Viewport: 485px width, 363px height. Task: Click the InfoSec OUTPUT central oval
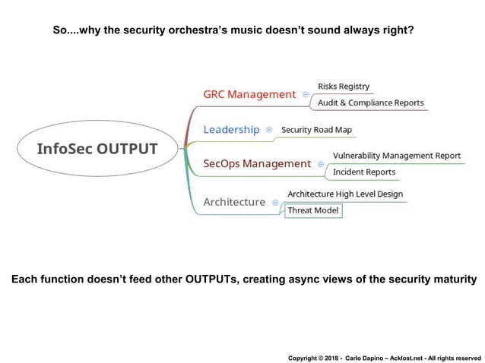click(x=97, y=149)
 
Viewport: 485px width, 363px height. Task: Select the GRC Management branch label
click(x=249, y=94)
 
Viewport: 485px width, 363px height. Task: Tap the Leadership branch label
click(x=231, y=130)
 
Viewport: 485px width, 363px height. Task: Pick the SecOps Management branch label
click(x=257, y=163)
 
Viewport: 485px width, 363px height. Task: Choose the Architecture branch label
click(x=234, y=202)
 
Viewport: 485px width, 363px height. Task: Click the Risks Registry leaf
click(x=344, y=87)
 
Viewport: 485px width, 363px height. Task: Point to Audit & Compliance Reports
click(x=371, y=103)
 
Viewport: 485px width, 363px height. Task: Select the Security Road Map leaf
click(x=316, y=130)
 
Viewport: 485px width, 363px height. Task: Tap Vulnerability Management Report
click(x=397, y=156)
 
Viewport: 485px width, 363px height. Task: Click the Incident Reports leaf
click(x=364, y=172)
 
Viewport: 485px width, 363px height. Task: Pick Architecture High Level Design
click(x=345, y=194)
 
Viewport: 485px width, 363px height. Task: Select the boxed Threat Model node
click(x=313, y=210)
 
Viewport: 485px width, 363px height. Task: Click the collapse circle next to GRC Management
click(x=306, y=95)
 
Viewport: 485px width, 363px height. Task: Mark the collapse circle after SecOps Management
click(x=321, y=164)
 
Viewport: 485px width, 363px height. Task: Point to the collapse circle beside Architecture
click(x=275, y=203)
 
